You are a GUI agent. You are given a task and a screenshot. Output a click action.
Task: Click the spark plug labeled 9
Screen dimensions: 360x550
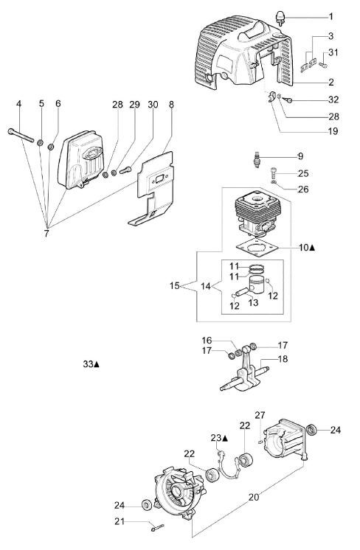click(x=258, y=159)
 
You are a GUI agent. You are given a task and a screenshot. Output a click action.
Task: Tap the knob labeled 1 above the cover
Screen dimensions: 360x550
click(x=280, y=18)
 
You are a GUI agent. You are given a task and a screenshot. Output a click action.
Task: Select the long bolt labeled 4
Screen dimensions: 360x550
click(x=21, y=136)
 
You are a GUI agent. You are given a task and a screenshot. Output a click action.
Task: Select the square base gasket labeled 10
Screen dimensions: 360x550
click(x=257, y=248)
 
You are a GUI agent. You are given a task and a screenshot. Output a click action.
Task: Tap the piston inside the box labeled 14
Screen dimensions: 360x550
click(x=257, y=286)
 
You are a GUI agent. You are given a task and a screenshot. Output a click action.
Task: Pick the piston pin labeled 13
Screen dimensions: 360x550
click(x=241, y=291)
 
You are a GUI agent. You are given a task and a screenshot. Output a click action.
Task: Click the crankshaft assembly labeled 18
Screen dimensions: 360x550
click(x=244, y=372)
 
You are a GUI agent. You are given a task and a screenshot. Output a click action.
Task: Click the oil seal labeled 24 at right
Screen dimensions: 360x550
click(x=311, y=430)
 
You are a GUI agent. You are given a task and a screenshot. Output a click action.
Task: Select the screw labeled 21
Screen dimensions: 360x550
click(x=158, y=527)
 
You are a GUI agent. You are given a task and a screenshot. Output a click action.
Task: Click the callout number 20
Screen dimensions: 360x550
click(x=254, y=497)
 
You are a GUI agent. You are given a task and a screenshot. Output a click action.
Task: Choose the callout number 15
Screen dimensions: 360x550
click(x=174, y=286)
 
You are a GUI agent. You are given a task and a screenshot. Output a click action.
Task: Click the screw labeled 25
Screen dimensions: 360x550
click(x=274, y=173)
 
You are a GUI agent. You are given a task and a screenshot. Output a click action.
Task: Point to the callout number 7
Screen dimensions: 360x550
click(x=46, y=234)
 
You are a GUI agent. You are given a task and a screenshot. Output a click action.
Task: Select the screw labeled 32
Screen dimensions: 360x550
click(x=287, y=100)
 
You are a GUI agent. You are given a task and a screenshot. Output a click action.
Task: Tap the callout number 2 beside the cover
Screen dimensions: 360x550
click(x=331, y=82)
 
